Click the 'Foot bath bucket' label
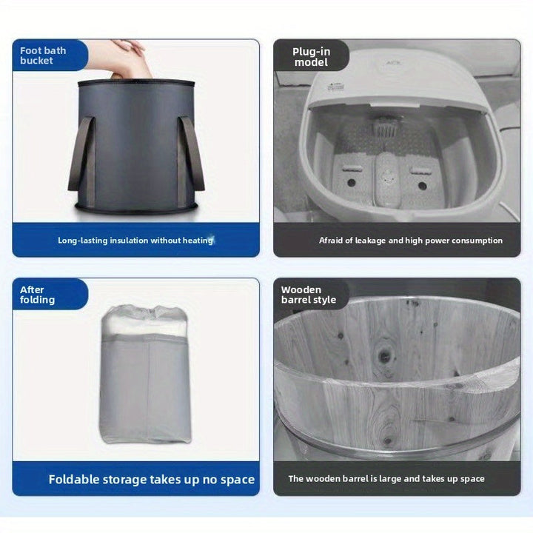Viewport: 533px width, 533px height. tap(43, 56)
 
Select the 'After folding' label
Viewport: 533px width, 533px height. tap(37, 295)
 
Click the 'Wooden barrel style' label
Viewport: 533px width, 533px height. tap(308, 295)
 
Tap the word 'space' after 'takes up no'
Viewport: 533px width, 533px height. tap(236, 479)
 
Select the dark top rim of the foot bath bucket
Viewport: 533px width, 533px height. tap(136, 83)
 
